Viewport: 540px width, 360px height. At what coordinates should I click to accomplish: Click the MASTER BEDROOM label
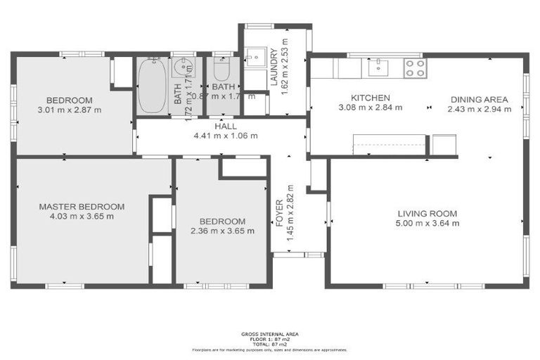pyautogui.click(x=82, y=207)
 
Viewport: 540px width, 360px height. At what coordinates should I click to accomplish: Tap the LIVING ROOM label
pyautogui.click(x=427, y=214)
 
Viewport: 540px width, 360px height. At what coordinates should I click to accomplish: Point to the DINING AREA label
pyautogui.click(x=480, y=100)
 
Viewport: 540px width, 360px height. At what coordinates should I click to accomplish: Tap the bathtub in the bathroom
pyautogui.click(x=152, y=86)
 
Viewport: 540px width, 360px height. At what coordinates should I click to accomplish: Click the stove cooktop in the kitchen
pyautogui.click(x=415, y=67)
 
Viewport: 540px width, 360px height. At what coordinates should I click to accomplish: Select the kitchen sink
pyautogui.click(x=379, y=67)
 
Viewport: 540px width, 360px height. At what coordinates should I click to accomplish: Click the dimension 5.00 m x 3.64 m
pyautogui.click(x=427, y=224)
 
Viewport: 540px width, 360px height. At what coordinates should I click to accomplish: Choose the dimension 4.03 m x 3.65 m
pyautogui.click(x=82, y=217)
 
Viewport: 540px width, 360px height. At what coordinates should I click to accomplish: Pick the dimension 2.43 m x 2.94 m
pyautogui.click(x=480, y=110)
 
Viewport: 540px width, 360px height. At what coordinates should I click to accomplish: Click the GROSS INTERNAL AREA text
pyautogui.click(x=269, y=334)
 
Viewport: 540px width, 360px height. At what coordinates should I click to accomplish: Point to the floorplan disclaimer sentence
pyautogui.click(x=269, y=349)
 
